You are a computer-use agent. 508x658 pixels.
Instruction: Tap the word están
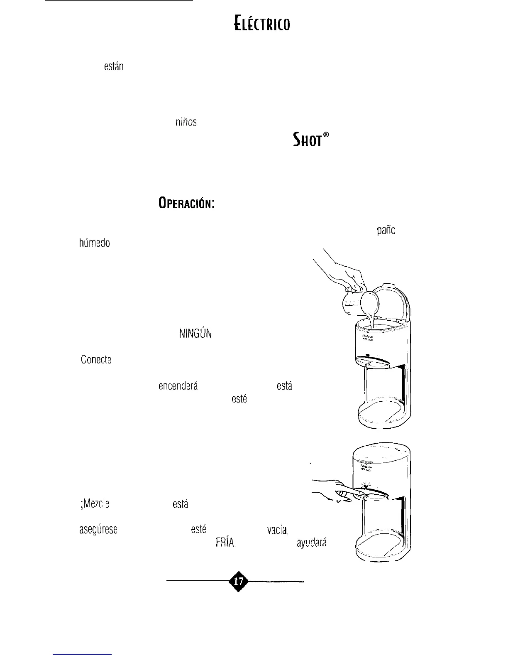[114, 66]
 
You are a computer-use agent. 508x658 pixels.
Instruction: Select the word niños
[185, 122]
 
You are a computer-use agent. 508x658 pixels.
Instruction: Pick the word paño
[386, 231]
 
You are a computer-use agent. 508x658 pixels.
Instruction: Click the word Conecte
[96, 360]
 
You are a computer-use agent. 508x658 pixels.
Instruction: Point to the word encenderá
[178, 386]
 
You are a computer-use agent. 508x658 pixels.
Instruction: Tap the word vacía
[277, 530]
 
